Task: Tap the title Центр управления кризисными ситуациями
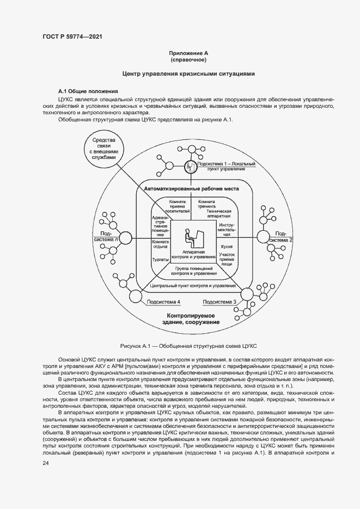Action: [x=188, y=73]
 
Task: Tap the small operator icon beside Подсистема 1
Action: [x=190, y=167]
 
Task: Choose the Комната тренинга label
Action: [x=206, y=204]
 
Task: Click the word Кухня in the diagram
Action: [x=227, y=247]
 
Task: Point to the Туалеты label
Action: [x=160, y=260]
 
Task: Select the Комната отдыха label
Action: [x=160, y=244]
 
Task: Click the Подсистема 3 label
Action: [x=219, y=302]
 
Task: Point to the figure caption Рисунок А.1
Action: [x=188, y=346]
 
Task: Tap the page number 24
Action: [x=45, y=462]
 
